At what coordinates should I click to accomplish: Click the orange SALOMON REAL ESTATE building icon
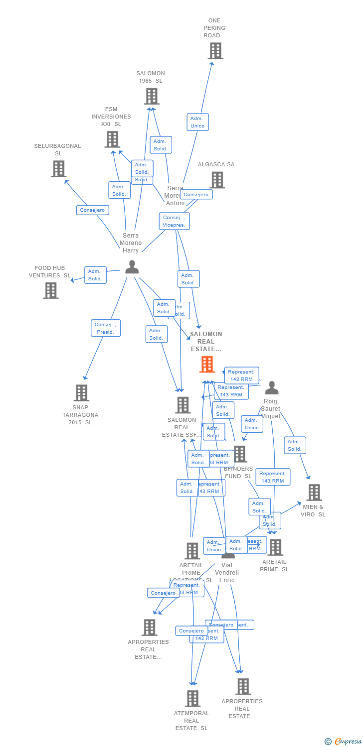(x=207, y=365)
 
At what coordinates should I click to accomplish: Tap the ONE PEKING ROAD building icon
(x=215, y=51)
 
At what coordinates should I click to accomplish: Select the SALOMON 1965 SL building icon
(x=152, y=96)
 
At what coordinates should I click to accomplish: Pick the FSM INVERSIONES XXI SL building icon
(x=112, y=139)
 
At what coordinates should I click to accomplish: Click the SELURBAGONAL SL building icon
(x=59, y=169)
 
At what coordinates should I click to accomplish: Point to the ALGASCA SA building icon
(x=217, y=180)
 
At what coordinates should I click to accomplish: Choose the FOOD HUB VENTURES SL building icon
(x=51, y=290)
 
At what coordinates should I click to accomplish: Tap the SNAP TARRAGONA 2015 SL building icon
(x=81, y=393)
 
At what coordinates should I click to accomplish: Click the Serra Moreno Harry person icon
(x=132, y=267)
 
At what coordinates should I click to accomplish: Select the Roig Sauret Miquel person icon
(x=271, y=387)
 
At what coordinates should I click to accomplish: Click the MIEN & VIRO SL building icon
(x=314, y=493)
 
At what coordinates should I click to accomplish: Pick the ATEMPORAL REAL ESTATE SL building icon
(x=193, y=699)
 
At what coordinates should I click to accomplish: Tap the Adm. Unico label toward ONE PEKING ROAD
(x=197, y=122)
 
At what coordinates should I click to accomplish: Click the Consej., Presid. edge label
(x=106, y=328)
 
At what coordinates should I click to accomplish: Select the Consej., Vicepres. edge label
(x=175, y=221)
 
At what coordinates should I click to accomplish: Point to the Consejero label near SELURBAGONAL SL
(x=93, y=210)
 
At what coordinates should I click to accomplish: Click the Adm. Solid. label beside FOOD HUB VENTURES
(x=95, y=275)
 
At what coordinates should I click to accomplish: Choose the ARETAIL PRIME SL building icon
(x=275, y=547)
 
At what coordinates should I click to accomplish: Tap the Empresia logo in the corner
(x=344, y=742)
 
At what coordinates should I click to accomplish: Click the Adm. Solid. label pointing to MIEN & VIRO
(x=295, y=445)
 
